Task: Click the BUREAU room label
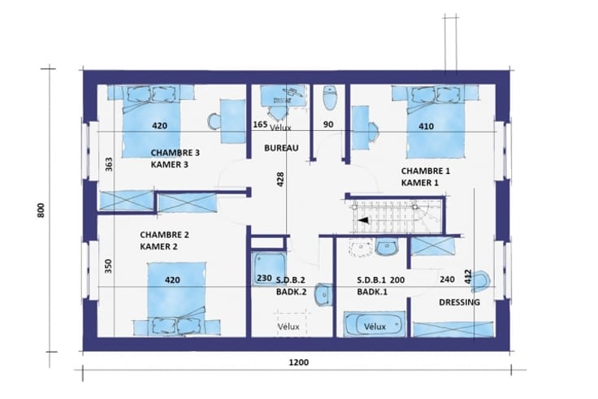(x=281, y=148)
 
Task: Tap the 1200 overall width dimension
(x=299, y=362)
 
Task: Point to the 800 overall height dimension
(x=41, y=210)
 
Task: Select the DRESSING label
(x=460, y=302)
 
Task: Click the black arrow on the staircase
(x=362, y=220)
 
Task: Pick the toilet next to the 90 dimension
(x=330, y=98)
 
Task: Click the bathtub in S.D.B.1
(x=374, y=324)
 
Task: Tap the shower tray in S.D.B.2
(x=269, y=268)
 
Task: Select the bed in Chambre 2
(x=176, y=297)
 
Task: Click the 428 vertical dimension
(x=280, y=180)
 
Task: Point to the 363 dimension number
(x=109, y=164)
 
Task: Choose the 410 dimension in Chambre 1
(x=426, y=126)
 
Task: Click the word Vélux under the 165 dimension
(x=280, y=128)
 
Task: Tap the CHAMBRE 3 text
(x=175, y=153)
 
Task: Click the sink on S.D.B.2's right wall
(x=323, y=294)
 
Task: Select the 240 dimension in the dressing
(x=447, y=280)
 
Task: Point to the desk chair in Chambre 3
(x=214, y=121)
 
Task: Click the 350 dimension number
(x=109, y=267)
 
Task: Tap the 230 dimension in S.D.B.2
(x=264, y=278)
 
